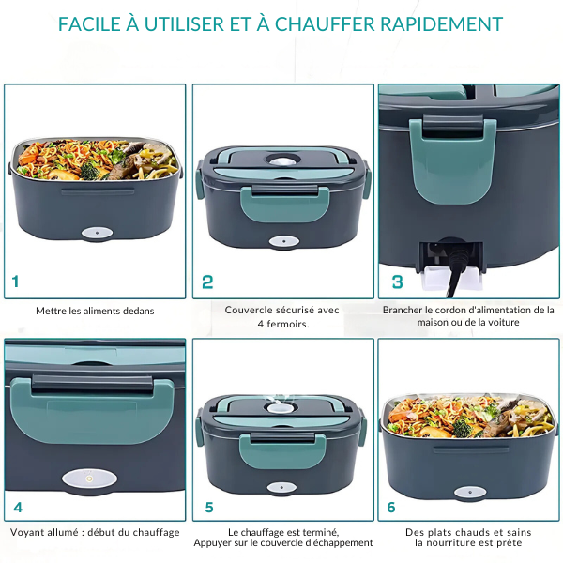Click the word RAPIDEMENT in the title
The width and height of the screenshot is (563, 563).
point(442,24)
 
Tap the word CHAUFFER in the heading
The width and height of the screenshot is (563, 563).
point(325,24)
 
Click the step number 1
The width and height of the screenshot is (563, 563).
point(15,281)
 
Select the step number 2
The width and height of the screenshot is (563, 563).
point(207,281)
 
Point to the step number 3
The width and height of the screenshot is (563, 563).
point(397,281)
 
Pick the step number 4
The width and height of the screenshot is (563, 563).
point(18,508)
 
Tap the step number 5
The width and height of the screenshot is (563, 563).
point(209,508)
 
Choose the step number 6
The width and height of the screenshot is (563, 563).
point(391,508)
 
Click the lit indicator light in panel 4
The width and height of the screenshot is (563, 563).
point(89,479)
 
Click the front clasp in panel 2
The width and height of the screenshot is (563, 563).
point(284,203)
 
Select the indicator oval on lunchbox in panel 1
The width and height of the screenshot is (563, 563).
point(97,233)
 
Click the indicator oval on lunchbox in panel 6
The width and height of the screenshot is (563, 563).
point(470,493)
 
